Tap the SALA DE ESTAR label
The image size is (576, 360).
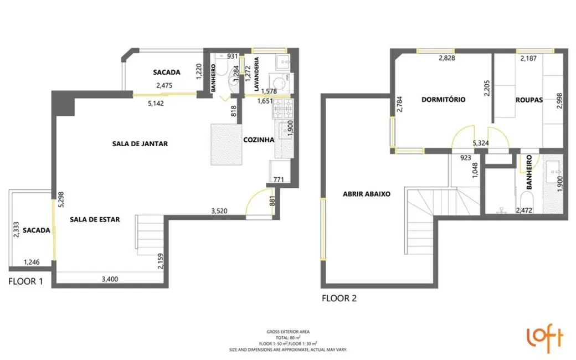coord(95,219)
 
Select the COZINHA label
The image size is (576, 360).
coord(259,140)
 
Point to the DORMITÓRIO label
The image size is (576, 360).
coord(443,100)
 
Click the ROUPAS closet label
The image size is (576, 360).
coord(528,100)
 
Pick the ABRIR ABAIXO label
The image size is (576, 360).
coord(367,194)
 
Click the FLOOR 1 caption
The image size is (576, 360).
coord(25,281)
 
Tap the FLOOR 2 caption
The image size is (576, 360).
coord(339,299)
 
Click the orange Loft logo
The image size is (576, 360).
coord(544,337)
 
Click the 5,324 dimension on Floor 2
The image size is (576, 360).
coord(480,143)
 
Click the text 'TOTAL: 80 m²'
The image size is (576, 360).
coord(288,337)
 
